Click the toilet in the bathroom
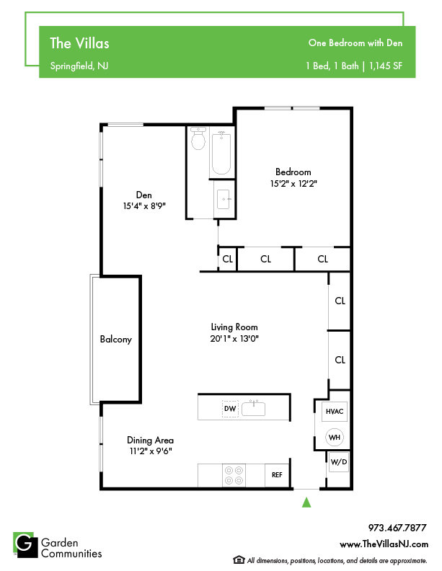198,138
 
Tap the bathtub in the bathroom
221,154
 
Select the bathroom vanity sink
224,199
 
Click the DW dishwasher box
230,409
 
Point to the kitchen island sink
253,409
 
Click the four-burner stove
234,475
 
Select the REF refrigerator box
277,475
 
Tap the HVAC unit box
335,412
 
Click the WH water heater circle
335,438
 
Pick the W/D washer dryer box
339,462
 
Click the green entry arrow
306,503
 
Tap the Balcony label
116,340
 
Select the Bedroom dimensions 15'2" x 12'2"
293,184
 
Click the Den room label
143,195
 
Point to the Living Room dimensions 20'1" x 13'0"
234,339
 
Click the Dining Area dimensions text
151,451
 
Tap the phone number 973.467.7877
397,528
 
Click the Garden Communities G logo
25,545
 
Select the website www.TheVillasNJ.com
384,544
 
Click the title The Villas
79,43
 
